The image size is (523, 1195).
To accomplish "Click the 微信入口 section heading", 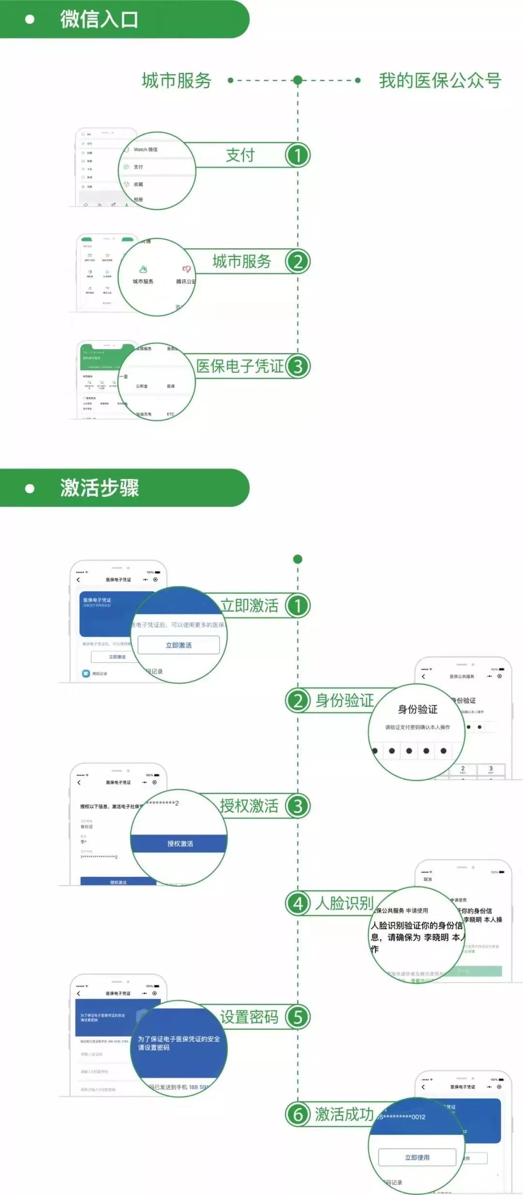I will pyautogui.click(x=99, y=19).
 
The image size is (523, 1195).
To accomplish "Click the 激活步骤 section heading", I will pyautogui.click(x=99, y=488).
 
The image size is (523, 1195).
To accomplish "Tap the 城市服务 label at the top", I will pyautogui.click(x=177, y=80).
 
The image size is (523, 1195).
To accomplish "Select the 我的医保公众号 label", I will pyautogui.click(x=440, y=80).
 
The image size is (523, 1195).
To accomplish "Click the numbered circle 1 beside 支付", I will pyautogui.click(x=297, y=155).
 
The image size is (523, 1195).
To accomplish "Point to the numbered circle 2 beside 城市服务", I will pyautogui.click(x=297, y=262).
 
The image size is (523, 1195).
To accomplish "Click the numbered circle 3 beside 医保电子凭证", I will pyautogui.click(x=297, y=367).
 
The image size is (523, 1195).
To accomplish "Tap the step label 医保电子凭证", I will pyautogui.click(x=240, y=367).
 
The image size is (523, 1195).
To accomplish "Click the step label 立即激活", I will pyautogui.click(x=249, y=606).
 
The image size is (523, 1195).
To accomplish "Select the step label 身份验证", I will pyautogui.click(x=344, y=701).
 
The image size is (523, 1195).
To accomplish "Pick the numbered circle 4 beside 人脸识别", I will pyautogui.click(x=297, y=904).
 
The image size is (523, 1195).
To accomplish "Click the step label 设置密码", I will pyautogui.click(x=249, y=1017).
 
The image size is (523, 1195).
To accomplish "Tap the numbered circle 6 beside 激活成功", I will pyautogui.click(x=297, y=1115).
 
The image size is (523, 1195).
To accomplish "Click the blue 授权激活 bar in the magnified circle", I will pyautogui.click(x=180, y=843).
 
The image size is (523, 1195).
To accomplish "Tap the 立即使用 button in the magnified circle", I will pyautogui.click(x=417, y=1157).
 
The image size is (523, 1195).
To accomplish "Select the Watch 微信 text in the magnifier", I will pyautogui.click(x=145, y=150).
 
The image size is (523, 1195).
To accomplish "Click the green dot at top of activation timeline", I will pyautogui.click(x=298, y=559).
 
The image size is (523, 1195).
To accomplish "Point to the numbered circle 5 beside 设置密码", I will pyautogui.click(x=297, y=1017).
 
